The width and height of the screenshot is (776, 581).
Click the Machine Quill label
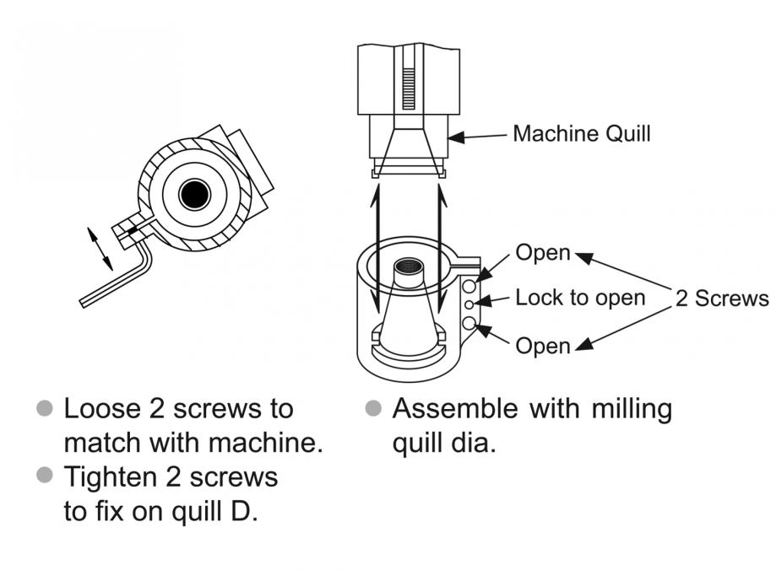point(582,134)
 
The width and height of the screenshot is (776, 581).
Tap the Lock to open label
point(580,298)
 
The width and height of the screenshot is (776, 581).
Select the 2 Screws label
point(722,299)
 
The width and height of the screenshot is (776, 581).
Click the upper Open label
point(543,252)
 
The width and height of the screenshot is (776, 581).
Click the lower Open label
point(543,346)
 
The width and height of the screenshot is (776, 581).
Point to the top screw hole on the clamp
point(469,286)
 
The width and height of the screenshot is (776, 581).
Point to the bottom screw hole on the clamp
point(469,324)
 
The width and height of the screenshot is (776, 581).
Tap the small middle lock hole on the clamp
point(469,304)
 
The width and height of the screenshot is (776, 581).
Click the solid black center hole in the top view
point(194,195)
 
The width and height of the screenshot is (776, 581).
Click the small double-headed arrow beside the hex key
point(100,249)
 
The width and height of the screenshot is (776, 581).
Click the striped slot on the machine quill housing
point(409,88)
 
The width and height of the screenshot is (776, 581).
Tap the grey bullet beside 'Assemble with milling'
point(373,409)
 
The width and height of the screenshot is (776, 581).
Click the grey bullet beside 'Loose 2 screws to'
point(45,409)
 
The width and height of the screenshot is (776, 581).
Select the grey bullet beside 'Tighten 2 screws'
point(45,475)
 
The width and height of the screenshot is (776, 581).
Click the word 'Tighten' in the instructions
point(111,478)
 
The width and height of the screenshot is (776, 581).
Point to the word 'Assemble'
point(455,409)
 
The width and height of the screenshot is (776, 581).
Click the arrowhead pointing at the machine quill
point(456,137)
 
